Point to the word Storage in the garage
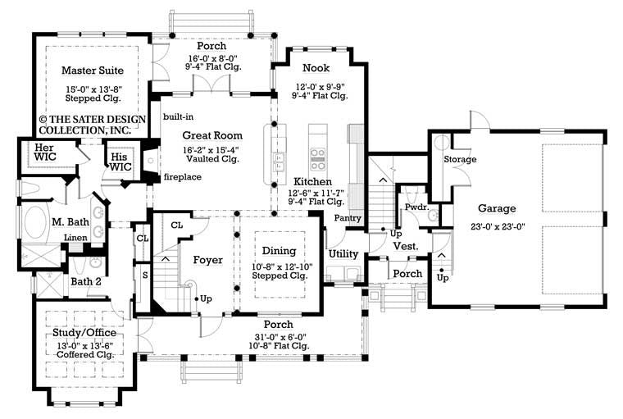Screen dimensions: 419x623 (460, 159)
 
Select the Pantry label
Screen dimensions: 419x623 (348, 217)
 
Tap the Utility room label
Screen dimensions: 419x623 (343, 254)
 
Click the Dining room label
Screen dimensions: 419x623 (273, 249)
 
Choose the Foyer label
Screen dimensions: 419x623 (208, 260)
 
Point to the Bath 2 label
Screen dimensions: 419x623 (86, 282)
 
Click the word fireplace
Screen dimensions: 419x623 (183, 176)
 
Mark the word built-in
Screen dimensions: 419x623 (178, 116)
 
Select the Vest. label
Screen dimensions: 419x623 (407, 245)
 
